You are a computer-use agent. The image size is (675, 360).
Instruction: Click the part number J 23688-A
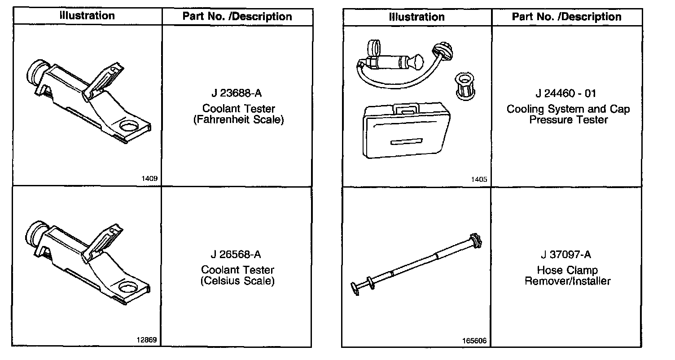[236, 94]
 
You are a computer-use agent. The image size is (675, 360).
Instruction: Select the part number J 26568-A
[236, 255]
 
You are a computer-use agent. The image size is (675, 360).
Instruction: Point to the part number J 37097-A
[565, 255]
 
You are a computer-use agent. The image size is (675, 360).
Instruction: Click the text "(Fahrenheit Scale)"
[238, 120]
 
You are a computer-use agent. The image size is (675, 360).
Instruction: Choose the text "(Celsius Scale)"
[237, 281]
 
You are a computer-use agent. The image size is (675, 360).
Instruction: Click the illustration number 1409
[149, 179]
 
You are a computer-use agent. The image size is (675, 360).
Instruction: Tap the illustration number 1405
[479, 180]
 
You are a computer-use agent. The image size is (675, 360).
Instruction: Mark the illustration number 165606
[475, 341]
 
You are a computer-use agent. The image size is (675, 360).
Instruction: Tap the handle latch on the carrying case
[405, 108]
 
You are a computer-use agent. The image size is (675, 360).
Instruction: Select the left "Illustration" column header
[88, 16]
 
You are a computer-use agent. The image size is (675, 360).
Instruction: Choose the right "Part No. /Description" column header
[566, 17]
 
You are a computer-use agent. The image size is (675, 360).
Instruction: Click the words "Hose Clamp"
[567, 270]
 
